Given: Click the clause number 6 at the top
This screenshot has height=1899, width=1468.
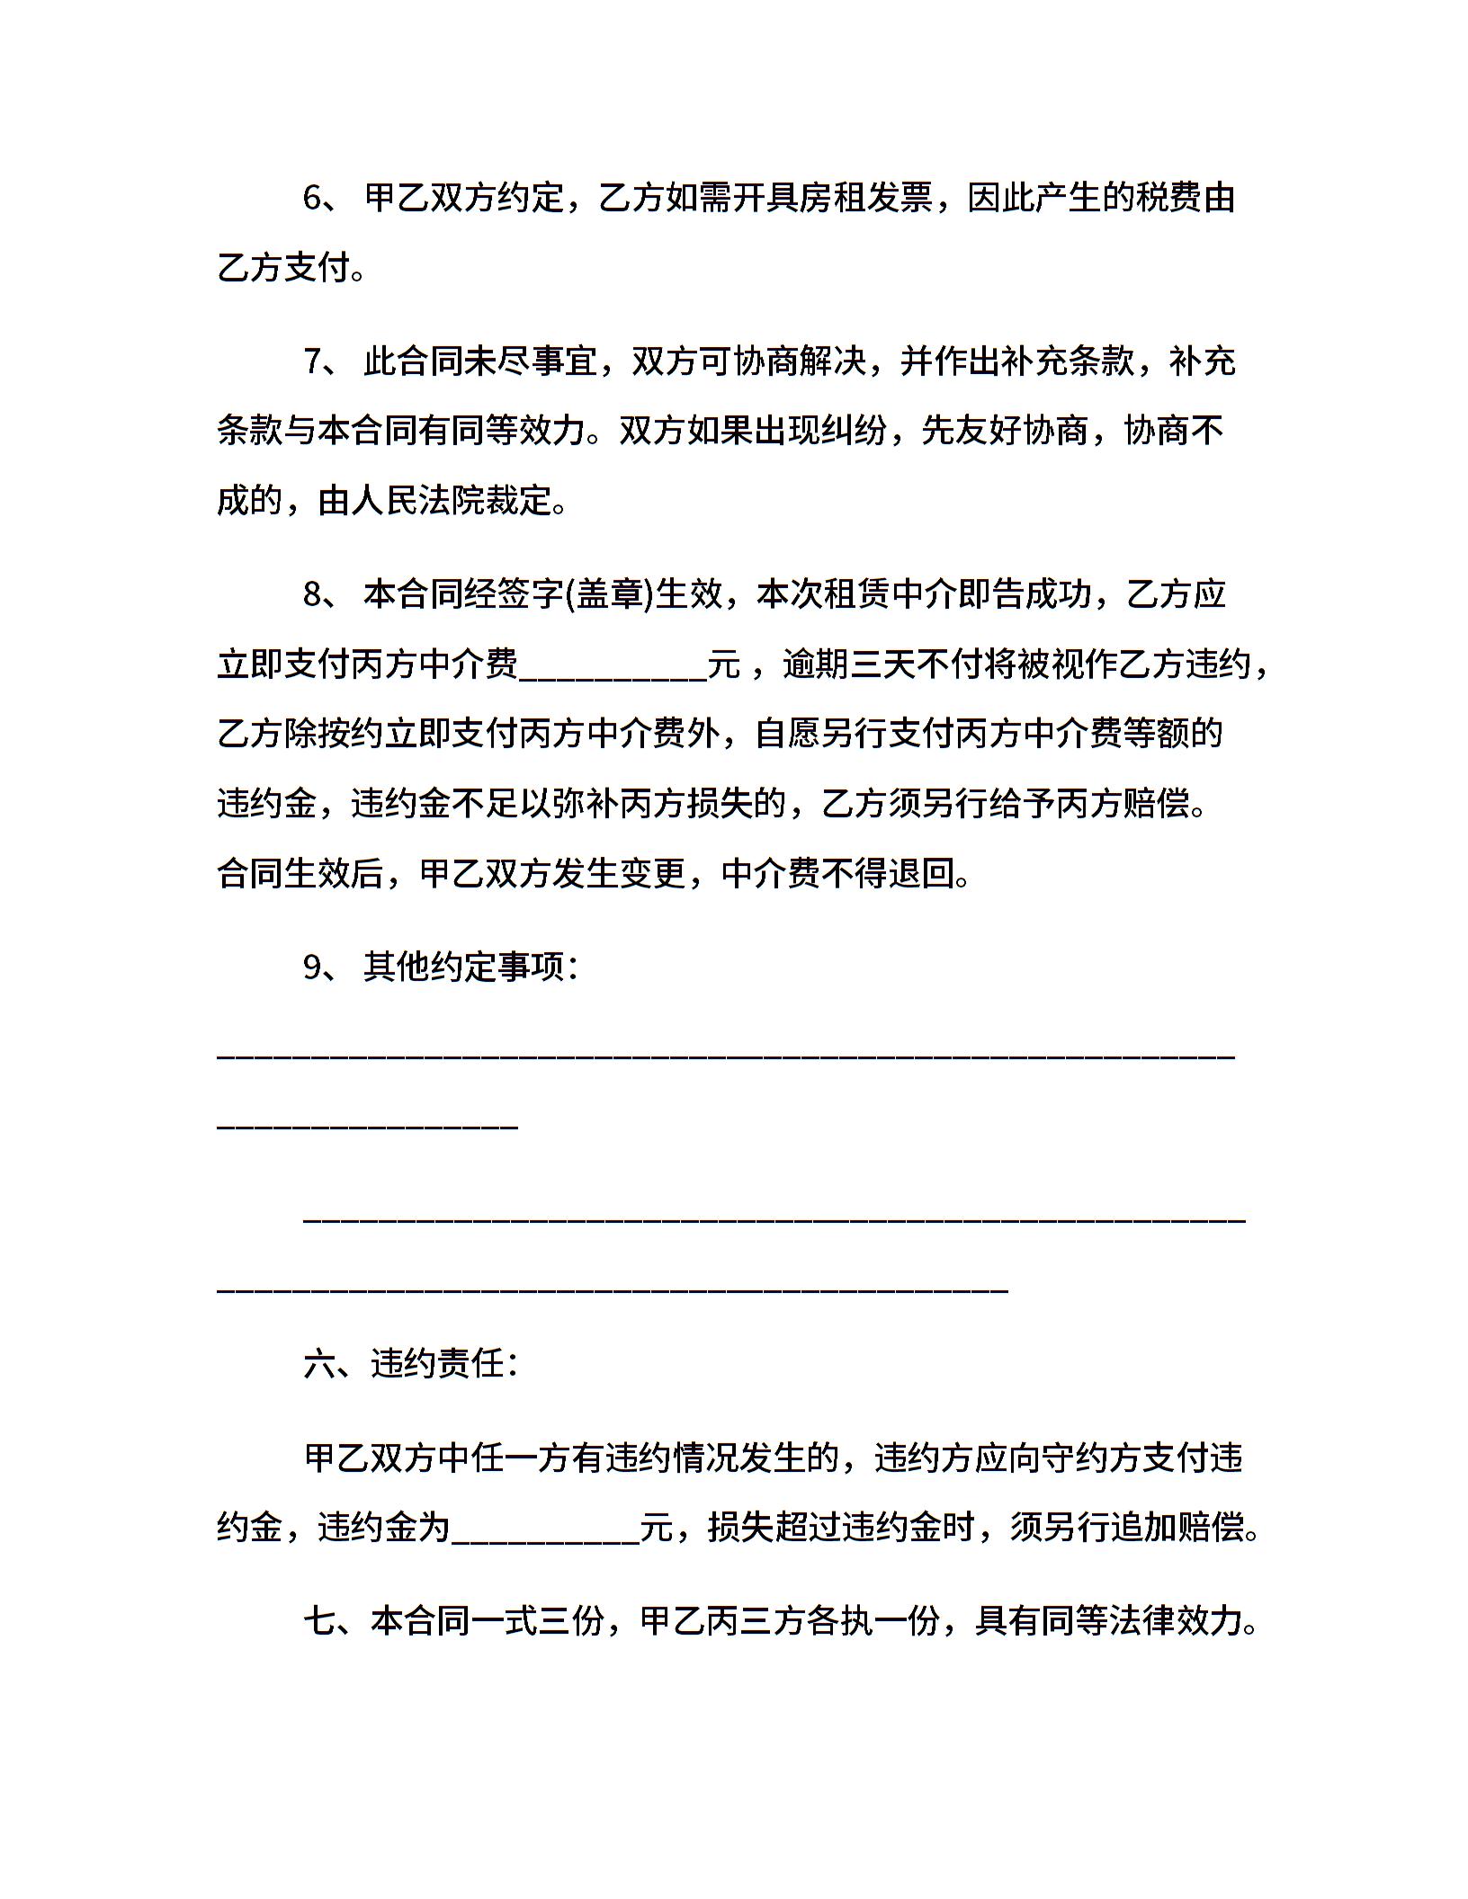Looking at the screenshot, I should [x=312, y=198].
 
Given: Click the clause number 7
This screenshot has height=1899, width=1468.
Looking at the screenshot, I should [x=312, y=361].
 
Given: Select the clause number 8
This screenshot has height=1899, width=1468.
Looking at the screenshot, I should [x=312, y=595].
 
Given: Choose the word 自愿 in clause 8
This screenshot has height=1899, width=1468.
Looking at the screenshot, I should [x=789, y=735].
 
